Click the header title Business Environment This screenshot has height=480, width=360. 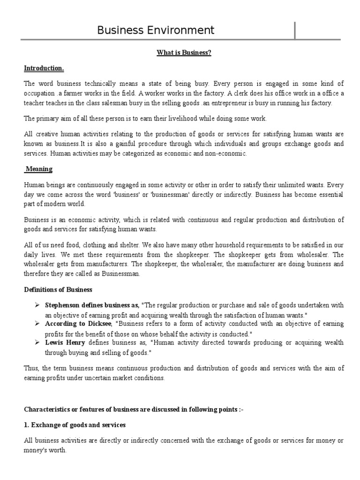click(x=156, y=30)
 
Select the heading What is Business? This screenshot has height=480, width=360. click(x=184, y=53)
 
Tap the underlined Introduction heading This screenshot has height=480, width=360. click(x=44, y=68)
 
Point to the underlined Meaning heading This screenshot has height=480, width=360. click(x=40, y=169)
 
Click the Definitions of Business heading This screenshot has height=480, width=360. click(x=58, y=290)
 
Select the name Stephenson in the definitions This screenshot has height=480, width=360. click(x=63, y=305)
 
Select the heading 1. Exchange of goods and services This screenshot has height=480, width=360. click(x=75, y=425)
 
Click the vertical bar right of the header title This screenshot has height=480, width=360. click(x=295, y=30)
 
